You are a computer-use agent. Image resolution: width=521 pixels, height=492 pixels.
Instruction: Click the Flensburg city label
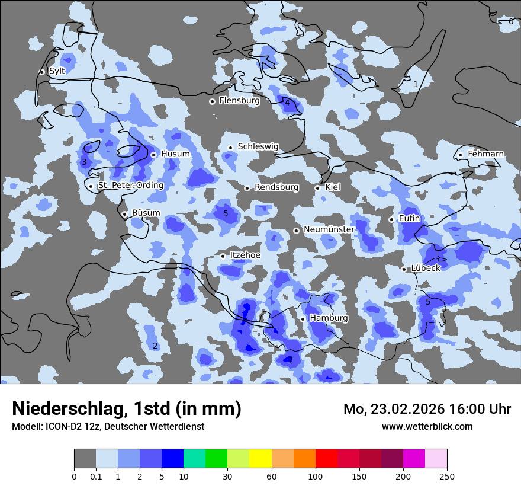[239, 101]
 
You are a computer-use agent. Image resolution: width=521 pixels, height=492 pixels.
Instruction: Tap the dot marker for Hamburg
[303, 319]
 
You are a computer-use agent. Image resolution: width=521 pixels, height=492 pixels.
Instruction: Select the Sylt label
[57, 71]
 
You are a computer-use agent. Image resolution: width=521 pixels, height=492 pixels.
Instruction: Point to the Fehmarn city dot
[460, 155]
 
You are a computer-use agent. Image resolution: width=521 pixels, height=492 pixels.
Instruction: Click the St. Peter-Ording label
[130, 186]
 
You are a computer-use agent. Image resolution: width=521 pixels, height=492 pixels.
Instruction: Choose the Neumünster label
[329, 229]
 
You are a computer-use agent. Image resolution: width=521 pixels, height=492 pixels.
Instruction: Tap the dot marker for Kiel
[317, 188]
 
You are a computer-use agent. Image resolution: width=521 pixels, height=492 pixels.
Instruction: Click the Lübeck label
[426, 268]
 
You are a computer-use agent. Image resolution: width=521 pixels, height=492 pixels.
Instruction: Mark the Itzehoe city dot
[223, 256]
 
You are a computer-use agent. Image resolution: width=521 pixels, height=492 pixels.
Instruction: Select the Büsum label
[146, 213]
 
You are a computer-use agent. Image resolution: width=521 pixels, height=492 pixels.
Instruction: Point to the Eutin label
[410, 219]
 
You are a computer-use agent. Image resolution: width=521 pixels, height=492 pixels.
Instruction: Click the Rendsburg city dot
[247, 188]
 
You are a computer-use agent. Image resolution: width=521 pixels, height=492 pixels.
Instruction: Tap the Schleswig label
[258, 146]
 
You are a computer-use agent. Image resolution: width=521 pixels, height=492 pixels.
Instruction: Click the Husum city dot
[153, 155]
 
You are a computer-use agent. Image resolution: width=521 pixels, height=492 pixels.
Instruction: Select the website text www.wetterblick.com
[427, 427]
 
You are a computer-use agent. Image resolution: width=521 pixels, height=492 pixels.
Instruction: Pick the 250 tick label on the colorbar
[447, 476]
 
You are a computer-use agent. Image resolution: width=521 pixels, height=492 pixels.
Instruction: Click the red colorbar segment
[326, 459]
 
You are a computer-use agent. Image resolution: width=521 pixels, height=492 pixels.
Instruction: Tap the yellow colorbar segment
[260, 459]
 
